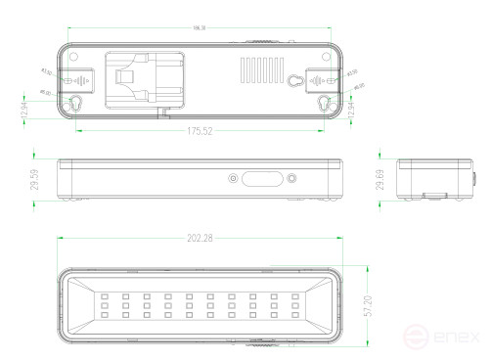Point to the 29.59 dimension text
tap(35, 179)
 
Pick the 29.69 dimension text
tap(380, 179)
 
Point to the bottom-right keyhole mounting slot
tap(326, 104)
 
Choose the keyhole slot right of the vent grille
tap(293, 81)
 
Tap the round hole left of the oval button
tap(233, 179)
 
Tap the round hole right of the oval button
tap(291, 179)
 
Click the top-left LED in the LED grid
tap(103, 296)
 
